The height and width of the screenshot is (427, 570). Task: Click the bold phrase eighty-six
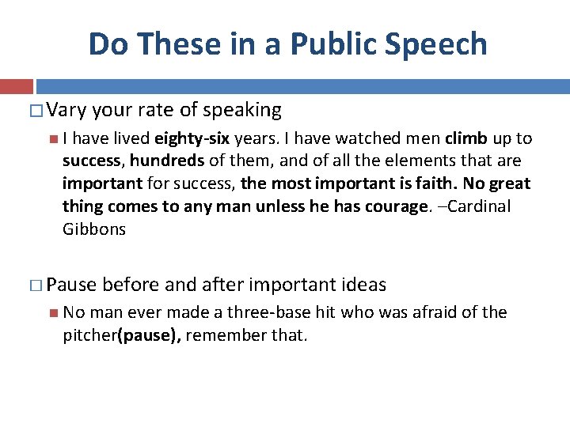192,139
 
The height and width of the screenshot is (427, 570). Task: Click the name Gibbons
93,229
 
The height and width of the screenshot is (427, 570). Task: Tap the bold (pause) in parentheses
150,335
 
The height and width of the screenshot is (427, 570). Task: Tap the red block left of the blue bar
16,86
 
